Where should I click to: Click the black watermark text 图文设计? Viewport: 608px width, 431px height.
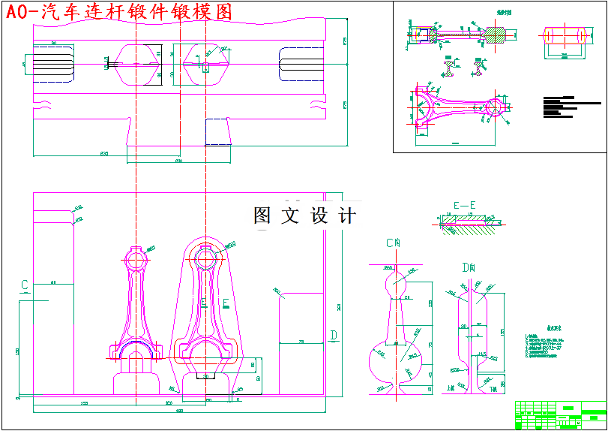click(x=304, y=216)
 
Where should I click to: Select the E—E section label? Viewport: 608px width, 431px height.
click(x=465, y=205)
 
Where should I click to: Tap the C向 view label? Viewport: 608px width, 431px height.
click(x=394, y=243)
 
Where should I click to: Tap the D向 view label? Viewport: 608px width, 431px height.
click(x=469, y=267)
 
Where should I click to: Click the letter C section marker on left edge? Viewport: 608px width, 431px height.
click(x=25, y=285)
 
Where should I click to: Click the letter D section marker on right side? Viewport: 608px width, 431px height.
click(x=334, y=334)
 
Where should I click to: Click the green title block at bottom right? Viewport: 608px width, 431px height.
click(x=560, y=414)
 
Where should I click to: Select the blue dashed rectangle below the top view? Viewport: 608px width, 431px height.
click(x=217, y=131)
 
